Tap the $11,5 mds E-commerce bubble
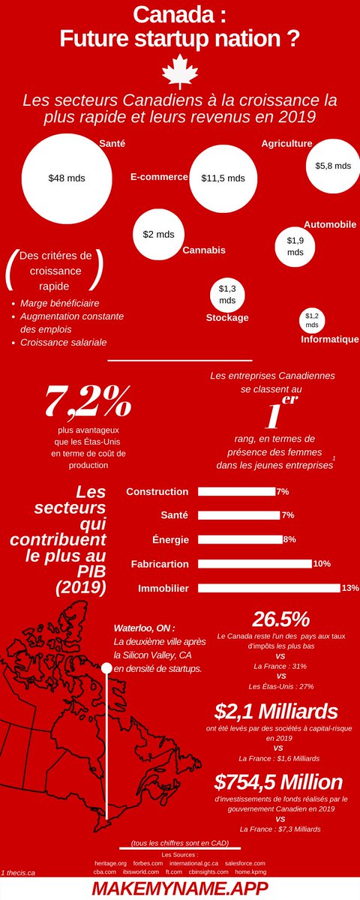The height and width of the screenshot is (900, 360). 223,178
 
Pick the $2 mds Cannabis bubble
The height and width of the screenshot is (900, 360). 158,234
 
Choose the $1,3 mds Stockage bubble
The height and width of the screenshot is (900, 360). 227,294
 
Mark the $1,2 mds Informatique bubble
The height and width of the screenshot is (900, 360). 312,320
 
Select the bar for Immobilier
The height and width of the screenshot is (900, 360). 268,587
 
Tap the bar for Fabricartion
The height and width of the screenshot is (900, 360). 254,563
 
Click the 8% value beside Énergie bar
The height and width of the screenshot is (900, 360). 289,539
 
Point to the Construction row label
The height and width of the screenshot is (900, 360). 157,492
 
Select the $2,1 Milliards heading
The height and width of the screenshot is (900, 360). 275,710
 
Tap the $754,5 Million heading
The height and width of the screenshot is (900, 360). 277,782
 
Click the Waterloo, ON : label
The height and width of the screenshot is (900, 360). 144,628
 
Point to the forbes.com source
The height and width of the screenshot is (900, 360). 148,863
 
